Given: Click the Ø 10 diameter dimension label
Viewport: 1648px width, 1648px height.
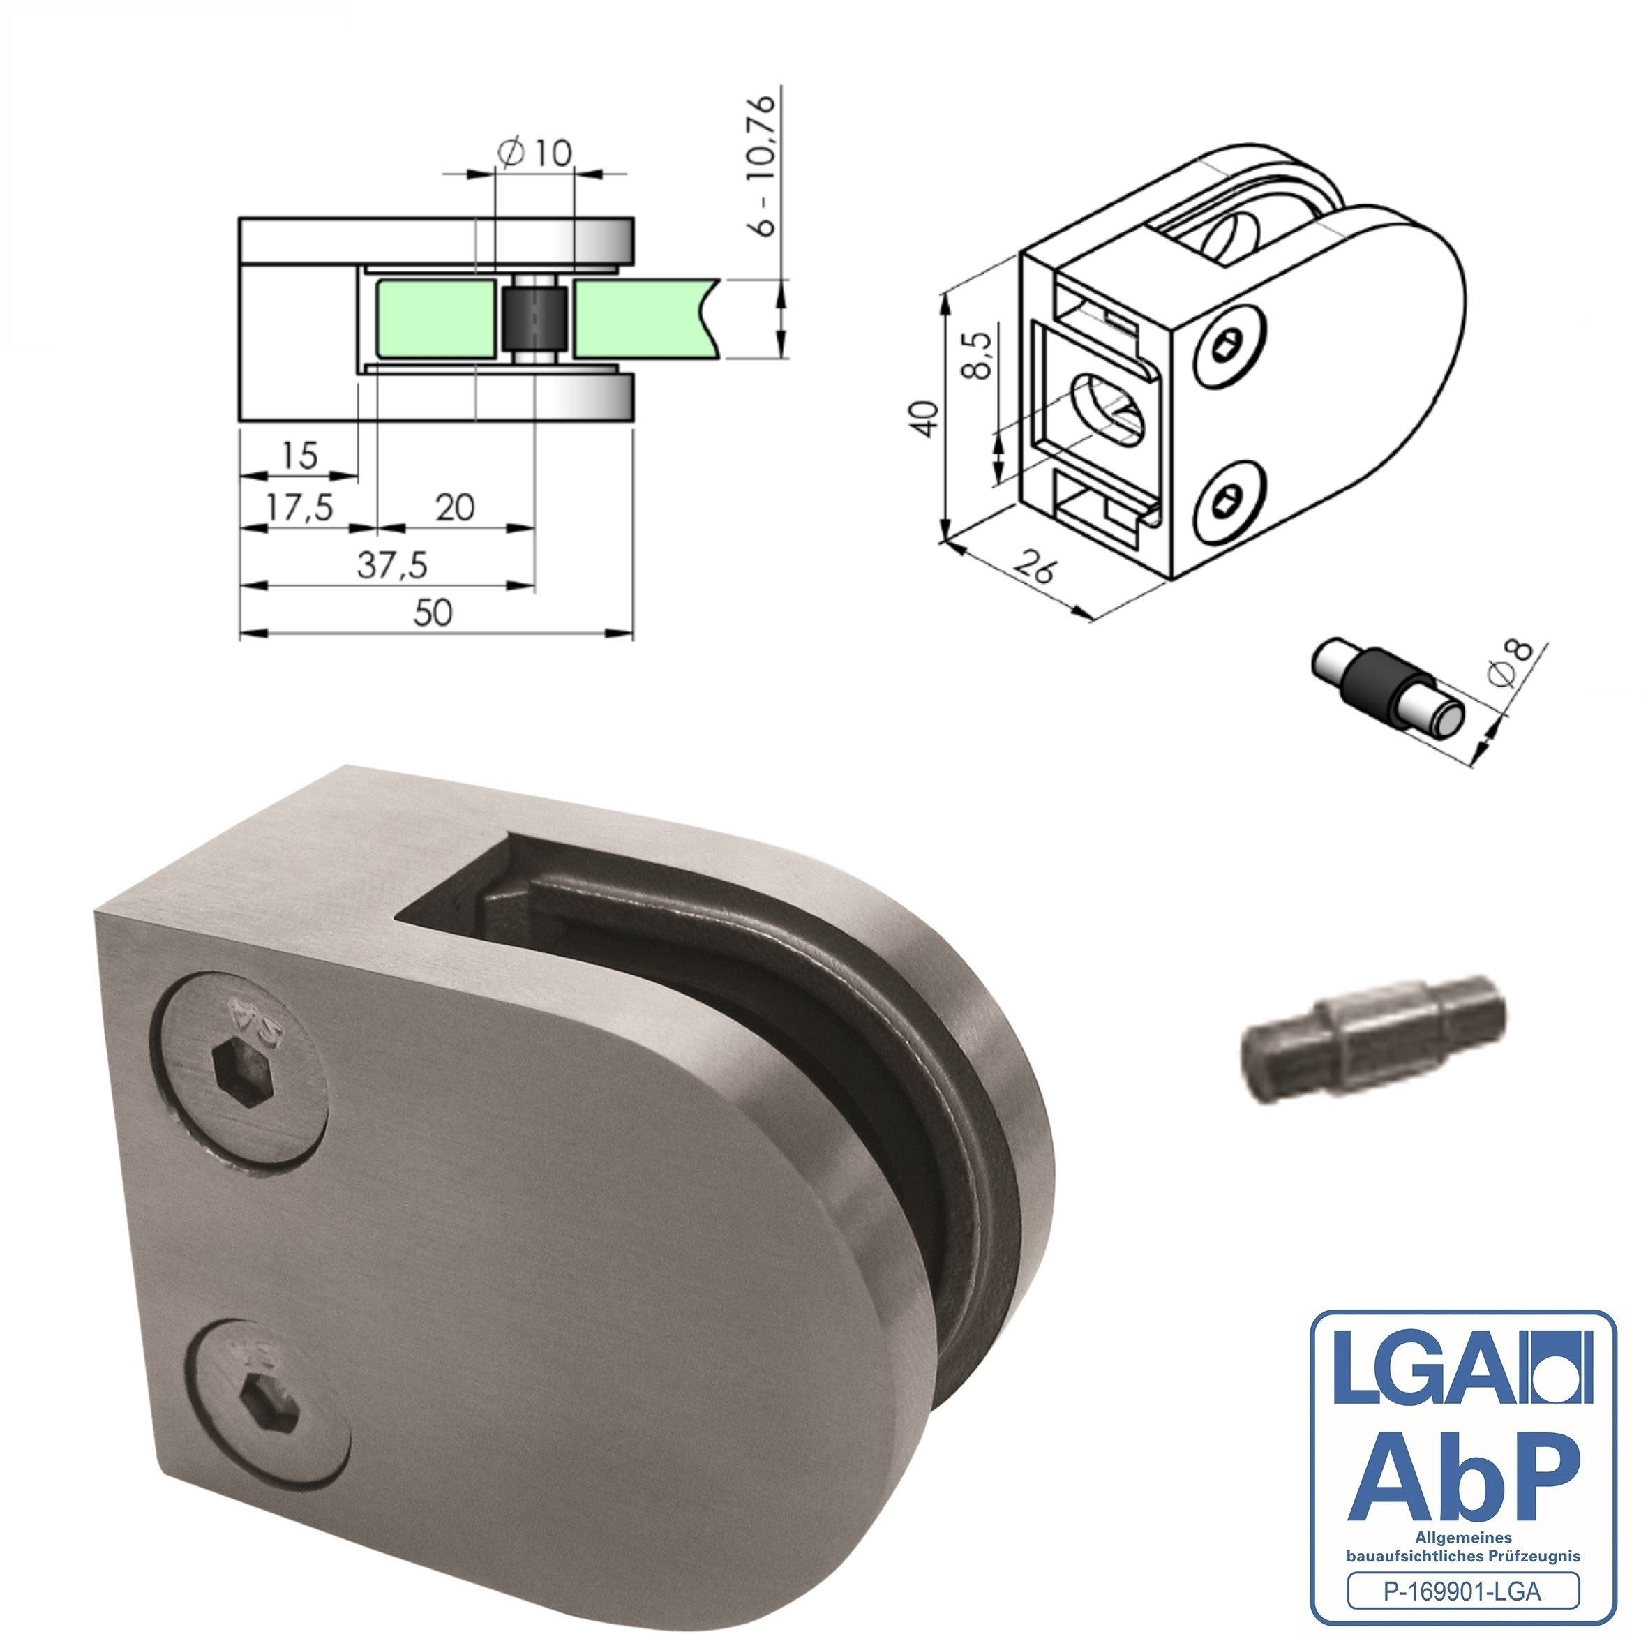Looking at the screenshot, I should tap(535, 153).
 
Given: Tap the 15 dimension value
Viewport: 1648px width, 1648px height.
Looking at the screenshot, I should tap(299, 456).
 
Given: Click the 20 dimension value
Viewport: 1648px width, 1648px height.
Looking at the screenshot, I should tap(455, 509).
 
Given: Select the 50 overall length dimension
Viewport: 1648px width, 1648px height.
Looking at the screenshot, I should tap(433, 613).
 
